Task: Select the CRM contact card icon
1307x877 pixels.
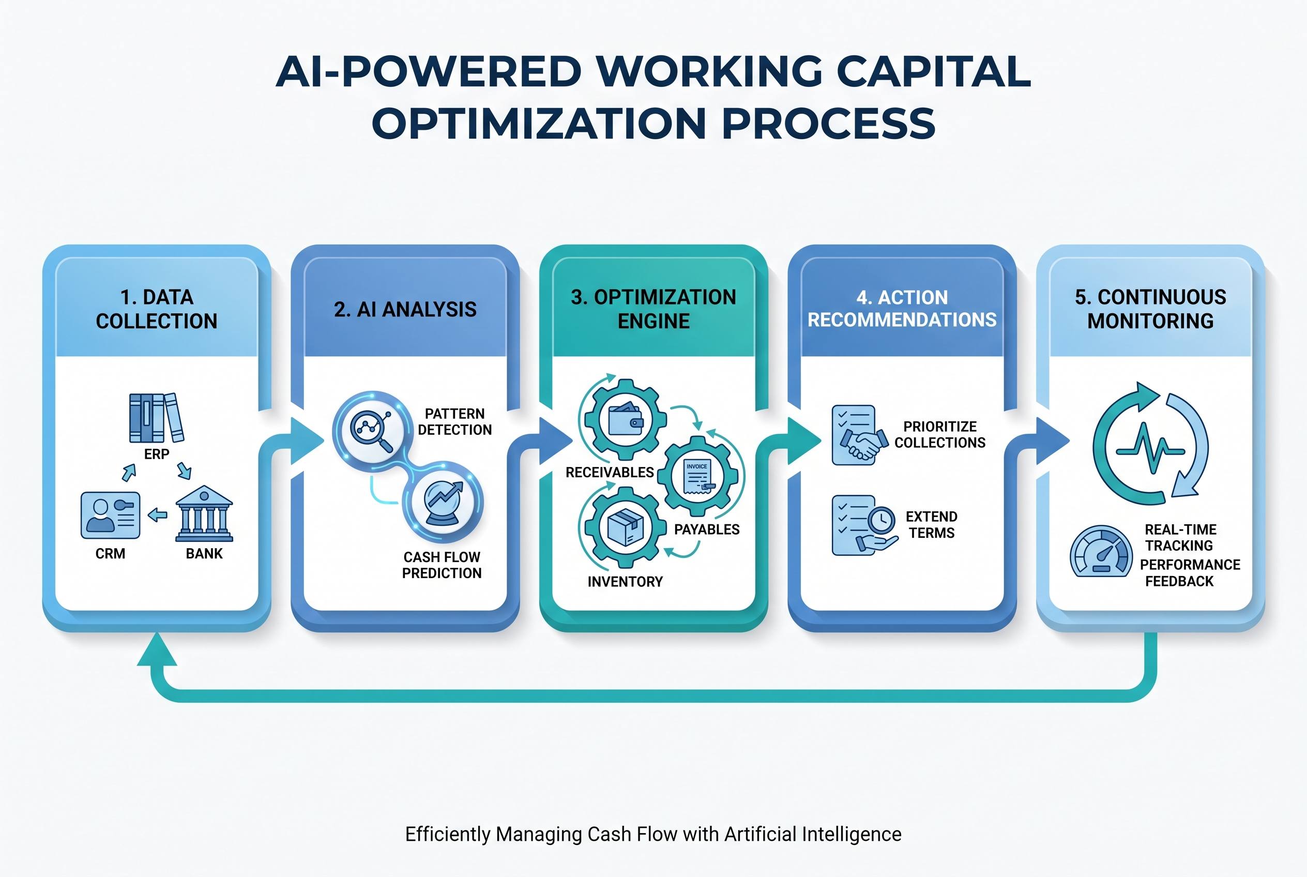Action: coord(110,515)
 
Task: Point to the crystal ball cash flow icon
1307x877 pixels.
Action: coord(443,502)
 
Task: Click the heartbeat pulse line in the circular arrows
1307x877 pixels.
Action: coord(1150,447)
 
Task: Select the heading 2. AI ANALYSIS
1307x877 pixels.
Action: coord(405,309)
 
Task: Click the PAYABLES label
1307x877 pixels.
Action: coord(707,530)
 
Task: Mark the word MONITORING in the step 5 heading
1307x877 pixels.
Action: coord(1150,321)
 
